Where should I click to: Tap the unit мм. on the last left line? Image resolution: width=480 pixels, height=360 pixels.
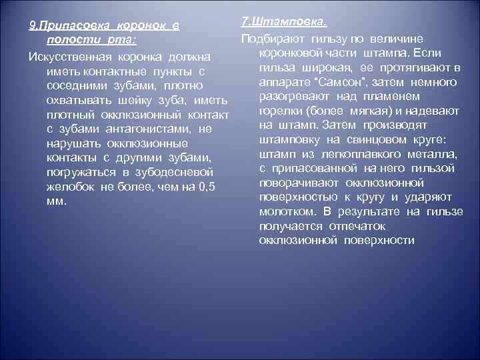point(57,203)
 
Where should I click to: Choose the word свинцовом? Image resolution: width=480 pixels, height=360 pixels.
point(375,139)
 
